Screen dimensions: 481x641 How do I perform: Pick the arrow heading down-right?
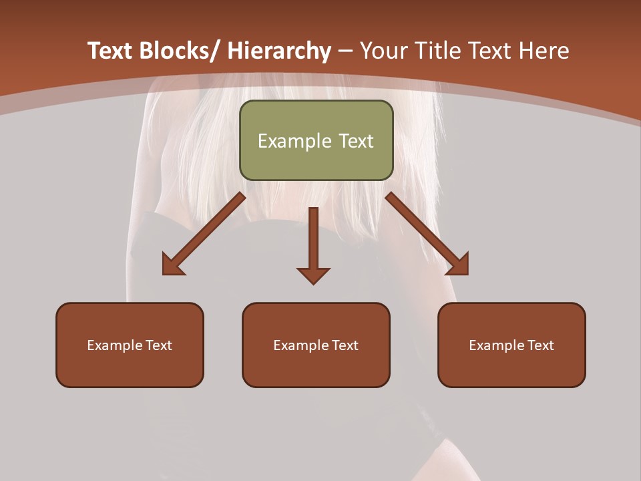426,233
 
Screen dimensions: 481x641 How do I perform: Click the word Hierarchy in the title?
280,51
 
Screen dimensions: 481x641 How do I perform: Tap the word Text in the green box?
355,141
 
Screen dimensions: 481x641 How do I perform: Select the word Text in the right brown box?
540,345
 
